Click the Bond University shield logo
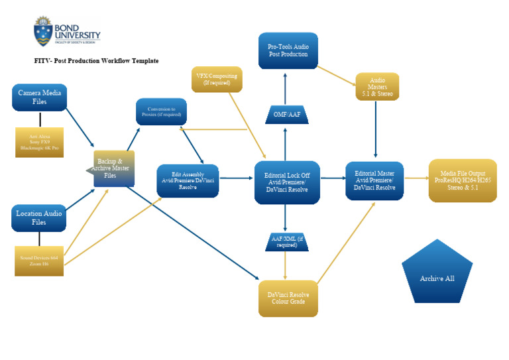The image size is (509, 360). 42,31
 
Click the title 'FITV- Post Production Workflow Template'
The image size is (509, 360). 97,60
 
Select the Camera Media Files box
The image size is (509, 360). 39,97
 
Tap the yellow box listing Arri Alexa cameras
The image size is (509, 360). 39,142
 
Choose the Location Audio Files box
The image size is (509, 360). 39,217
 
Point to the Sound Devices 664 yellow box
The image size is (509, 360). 39,260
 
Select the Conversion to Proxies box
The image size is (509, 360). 161,111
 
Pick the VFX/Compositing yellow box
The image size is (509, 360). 217,79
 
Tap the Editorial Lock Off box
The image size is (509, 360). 287,181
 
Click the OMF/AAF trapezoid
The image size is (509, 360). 286,114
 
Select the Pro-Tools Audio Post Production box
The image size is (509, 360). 288,50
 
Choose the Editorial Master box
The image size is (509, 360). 374,180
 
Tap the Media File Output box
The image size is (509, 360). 462,180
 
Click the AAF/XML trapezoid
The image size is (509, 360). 286,241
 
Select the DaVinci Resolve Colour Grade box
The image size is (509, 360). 288,298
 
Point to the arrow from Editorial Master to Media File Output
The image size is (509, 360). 416,178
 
